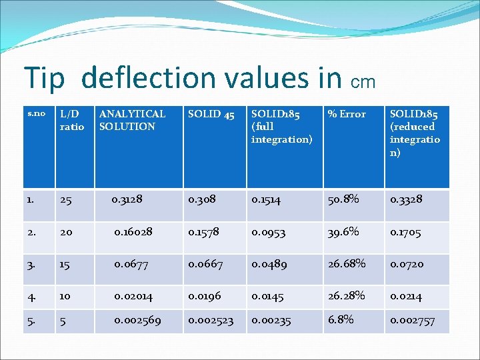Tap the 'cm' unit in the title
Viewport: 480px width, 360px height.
click(x=363, y=82)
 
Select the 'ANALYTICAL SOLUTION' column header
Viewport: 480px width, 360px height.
click(x=132, y=120)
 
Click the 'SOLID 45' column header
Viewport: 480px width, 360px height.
click(x=211, y=115)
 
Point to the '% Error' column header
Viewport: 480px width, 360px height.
click(x=347, y=115)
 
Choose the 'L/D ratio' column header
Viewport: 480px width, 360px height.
click(x=72, y=120)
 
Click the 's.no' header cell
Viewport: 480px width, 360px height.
click(x=36, y=113)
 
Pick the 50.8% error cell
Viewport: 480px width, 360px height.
click(x=343, y=199)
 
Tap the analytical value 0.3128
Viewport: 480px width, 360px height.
click(x=126, y=199)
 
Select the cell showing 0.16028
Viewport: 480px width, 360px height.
click(x=133, y=231)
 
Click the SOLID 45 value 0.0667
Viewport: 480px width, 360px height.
click(x=206, y=264)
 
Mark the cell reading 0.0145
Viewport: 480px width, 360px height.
click(x=269, y=295)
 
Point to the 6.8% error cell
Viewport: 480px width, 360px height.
click(x=340, y=320)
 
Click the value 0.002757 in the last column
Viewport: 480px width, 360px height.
click(x=413, y=321)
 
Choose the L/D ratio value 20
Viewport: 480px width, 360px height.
click(x=67, y=232)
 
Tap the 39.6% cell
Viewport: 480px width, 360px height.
click(x=343, y=231)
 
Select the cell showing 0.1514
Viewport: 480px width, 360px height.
click(x=267, y=199)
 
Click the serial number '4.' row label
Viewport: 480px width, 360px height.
click(x=33, y=295)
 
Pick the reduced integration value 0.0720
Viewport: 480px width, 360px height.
click(x=407, y=264)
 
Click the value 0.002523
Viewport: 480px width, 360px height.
click(x=211, y=321)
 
